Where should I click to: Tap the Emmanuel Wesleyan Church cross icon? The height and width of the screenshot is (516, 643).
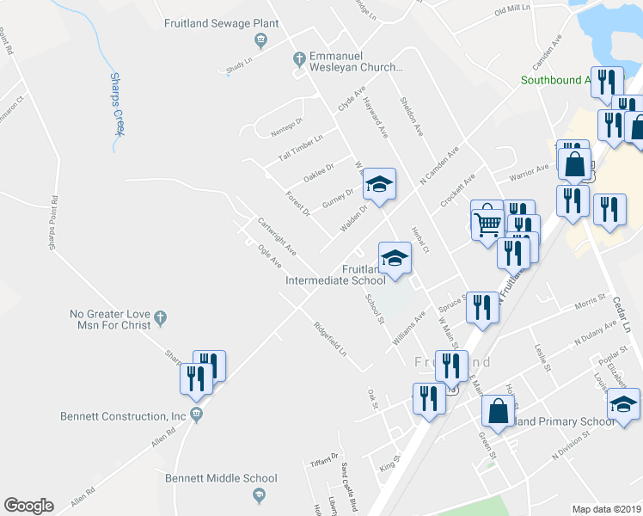point(299,59)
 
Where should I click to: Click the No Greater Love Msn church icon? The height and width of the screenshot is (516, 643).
point(160,319)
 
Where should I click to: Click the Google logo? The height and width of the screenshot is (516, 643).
point(28,506)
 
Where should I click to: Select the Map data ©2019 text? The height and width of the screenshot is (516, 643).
point(606,509)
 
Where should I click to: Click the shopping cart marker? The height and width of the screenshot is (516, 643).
point(487,221)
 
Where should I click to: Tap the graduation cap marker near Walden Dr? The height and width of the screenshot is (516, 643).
point(379,184)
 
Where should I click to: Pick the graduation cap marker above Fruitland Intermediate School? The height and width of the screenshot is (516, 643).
point(395,258)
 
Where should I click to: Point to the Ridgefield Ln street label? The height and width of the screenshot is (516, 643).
point(330,340)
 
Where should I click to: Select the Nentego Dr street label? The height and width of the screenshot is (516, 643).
point(287,126)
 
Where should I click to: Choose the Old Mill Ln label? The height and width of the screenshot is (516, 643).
point(514,10)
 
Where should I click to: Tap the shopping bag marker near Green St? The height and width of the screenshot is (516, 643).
point(499,410)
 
